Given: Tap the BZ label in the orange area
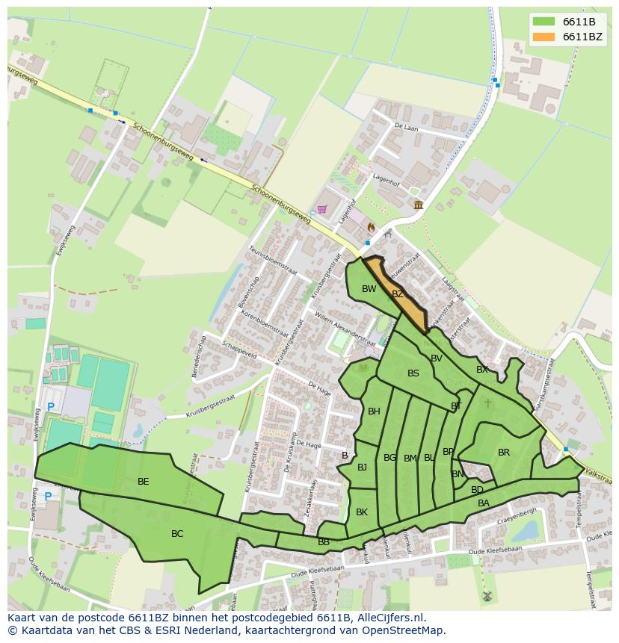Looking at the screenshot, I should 398,294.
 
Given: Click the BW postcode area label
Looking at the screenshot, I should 369,289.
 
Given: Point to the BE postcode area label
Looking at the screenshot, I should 144,482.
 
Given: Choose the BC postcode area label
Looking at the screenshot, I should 177,534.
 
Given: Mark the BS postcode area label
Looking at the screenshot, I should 413,373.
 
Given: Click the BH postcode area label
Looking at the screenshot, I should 374,411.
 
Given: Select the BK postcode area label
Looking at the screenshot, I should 362,512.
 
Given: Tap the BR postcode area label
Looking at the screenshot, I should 504,453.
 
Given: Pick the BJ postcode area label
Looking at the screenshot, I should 363,468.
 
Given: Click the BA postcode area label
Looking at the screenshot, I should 484,503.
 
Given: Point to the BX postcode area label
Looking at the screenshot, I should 482,370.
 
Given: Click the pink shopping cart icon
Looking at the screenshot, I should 322,209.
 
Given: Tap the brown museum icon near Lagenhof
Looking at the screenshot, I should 417,205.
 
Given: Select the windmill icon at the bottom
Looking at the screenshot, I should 486,597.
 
